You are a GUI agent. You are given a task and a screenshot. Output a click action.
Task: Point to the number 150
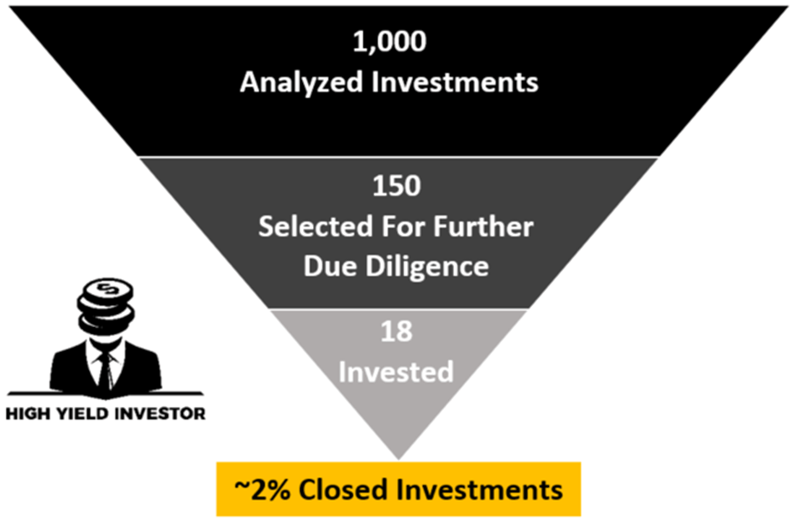tap(397, 185)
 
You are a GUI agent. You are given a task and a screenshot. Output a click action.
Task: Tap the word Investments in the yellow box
tap(477, 487)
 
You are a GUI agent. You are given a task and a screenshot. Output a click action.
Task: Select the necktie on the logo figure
tap(105, 369)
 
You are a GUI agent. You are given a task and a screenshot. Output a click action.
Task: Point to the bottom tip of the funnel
tap(397, 457)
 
